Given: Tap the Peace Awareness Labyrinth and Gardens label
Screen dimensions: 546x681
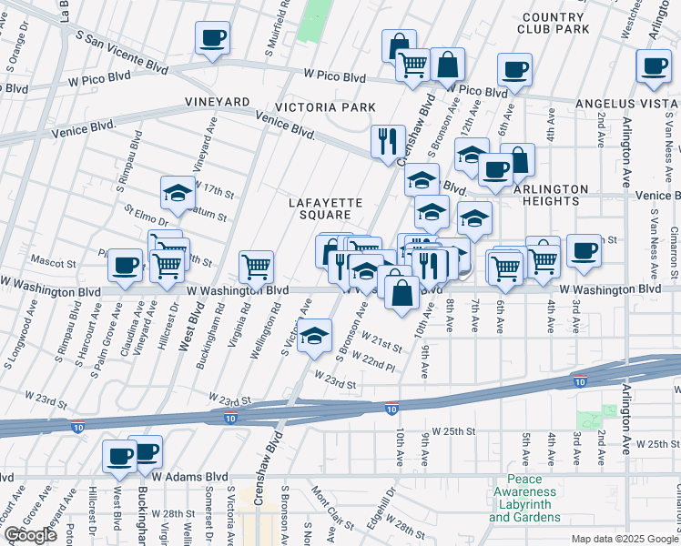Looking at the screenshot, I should (x=524, y=498).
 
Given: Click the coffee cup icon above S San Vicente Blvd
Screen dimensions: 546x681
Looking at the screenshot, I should (x=212, y=38).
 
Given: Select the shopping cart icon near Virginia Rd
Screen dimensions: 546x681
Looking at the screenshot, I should (x=257, y=267).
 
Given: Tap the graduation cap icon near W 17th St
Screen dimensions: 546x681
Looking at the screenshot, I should (x=178, y=193).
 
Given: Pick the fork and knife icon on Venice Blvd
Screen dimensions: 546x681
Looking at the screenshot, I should (x=388, y=141).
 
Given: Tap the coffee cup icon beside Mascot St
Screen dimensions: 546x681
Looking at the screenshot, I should (x=125, y=266).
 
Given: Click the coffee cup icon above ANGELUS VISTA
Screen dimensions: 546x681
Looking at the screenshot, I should (x=654, y=66).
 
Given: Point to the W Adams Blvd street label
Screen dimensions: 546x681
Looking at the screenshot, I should (x=189, y=476).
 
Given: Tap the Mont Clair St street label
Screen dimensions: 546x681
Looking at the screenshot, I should (x=332, y=512).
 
